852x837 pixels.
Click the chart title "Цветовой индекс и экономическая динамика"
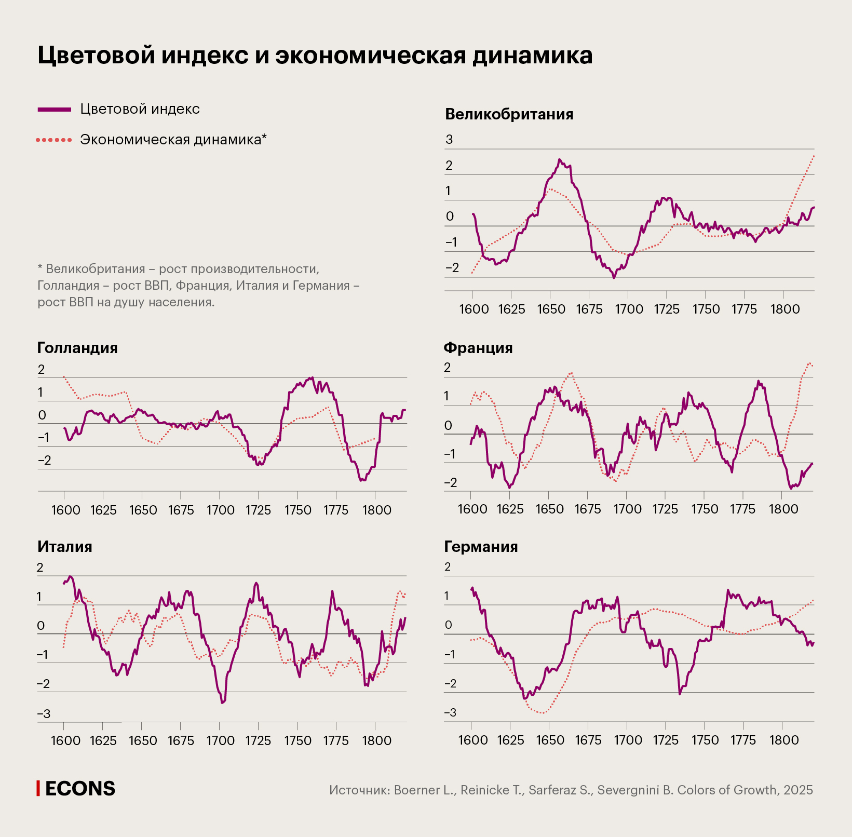click(x=315, y=55)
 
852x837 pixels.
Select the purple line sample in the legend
click(x=54, y=110)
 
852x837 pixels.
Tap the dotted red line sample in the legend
click(x=54, y=140)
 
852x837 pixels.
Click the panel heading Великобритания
click(x=509, y=114)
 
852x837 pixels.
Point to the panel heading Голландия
click(x=77, y=348)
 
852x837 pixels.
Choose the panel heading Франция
click(x=478, y=348)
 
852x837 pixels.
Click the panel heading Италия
click(x=65, y=547)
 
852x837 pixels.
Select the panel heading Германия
click(x=481, y=547)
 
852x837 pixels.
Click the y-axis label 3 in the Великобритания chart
click(x=449, y=140)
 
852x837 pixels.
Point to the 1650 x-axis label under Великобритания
click(x=551, y=309)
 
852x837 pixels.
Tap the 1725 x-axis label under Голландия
click(x=258, y=510)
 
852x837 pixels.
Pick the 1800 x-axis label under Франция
click(x=783, y=509)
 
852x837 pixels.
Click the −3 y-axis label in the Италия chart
click(x=44, y=714)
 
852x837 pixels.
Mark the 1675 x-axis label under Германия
click(x=588, y=740)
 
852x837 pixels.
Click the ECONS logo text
click(x=80, y=789)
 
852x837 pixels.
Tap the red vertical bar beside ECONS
click(x=38, y=788)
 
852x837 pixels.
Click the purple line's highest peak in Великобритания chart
click(x=559, y=159)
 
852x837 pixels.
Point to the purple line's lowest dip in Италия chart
click(x=222, y=703)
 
